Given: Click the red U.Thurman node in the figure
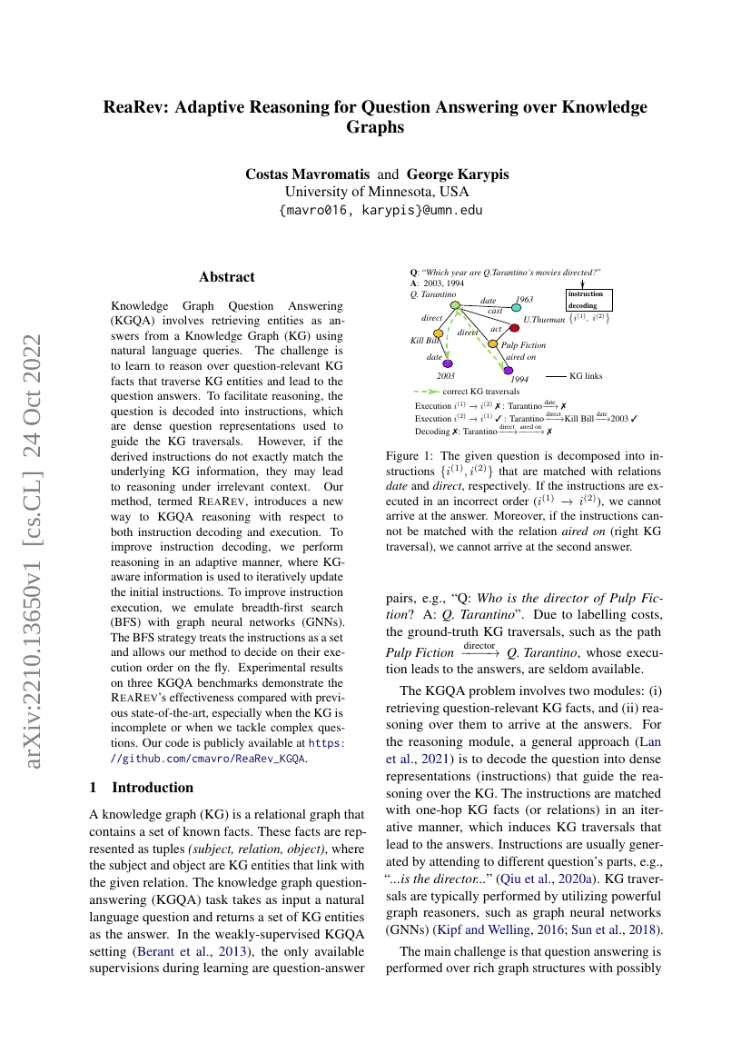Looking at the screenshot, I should (515, 328).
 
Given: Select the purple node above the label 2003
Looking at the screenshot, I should (448, 364).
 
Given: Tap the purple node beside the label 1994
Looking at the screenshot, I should (509, 371).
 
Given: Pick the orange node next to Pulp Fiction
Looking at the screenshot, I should (493, 343).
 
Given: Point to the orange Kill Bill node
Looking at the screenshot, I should (438, 333).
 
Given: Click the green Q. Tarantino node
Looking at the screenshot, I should (456, 305).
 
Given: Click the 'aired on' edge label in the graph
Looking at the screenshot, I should (521, 358).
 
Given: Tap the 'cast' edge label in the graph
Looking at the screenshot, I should (495, 311).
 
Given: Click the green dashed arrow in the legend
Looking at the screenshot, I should (426, 391).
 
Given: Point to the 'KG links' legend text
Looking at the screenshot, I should (586, 375).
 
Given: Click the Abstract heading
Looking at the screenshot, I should (227, 277).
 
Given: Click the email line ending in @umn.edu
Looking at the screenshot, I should (381, 210).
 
